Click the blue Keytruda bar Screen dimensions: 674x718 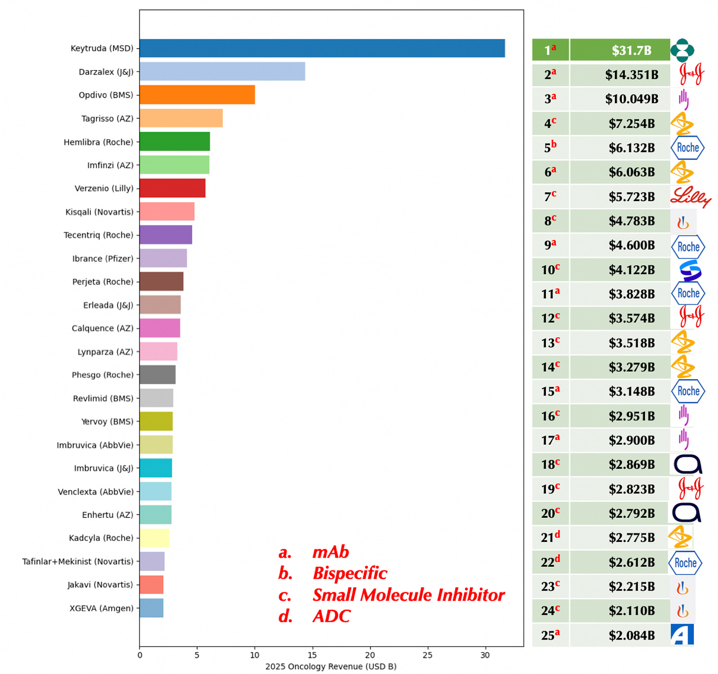(322, 48)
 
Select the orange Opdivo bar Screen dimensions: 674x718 (197, 95)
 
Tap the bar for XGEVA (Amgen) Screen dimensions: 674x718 (151, 608)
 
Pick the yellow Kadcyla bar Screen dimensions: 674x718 (154, 538)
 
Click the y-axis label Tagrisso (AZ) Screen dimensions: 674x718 (107, 118)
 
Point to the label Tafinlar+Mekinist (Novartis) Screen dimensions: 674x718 (77, 561)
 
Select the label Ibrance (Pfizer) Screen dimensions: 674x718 (103, 258)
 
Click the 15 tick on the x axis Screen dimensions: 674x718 (312, 655)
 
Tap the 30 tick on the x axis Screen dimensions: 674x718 (485, 655)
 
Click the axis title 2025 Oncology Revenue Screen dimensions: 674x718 (330, 667)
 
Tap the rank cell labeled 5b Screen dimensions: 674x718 (550, 147)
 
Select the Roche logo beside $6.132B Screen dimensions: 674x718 (687, 147)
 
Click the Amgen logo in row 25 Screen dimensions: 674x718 (682, 635)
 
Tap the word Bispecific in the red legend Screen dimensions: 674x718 (350, 573)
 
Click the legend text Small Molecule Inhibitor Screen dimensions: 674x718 (408, 595)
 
